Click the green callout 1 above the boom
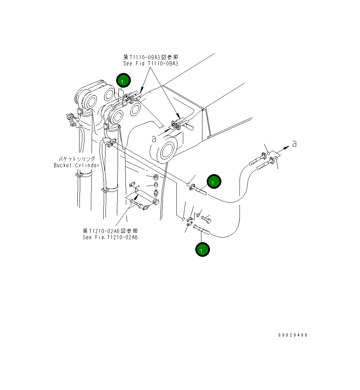[x=123, y=81]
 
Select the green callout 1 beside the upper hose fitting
[x=214, y=182]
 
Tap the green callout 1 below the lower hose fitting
[x=202, y=250]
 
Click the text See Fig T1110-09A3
[x=150, y=63]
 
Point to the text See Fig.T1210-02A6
[x=110, y=237]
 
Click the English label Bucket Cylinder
[x=77, y=165]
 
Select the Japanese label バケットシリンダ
[x=77, y=159]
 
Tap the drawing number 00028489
[x=293, y=335]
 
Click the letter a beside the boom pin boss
[x=154, y=139]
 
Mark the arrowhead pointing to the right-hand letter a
[x=286, y=147]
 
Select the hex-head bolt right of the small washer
[x=206, y=219]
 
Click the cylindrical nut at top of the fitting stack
[x=155, y=177]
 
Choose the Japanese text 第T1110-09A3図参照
[x=150, y=57]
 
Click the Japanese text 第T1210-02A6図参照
[x=110, y=231]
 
